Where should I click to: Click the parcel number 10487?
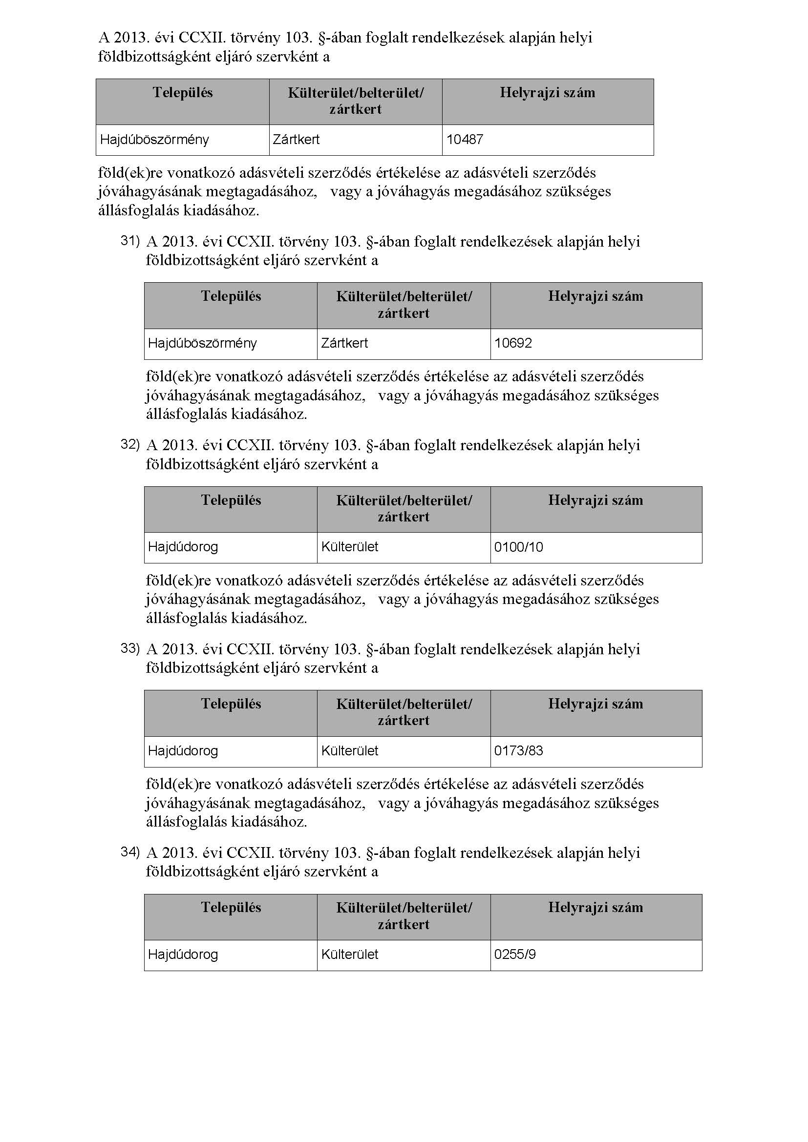tap(465, 139)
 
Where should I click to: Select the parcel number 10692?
tap(513, 343)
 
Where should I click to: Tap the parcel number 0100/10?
tap(518, 547)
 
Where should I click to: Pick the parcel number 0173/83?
tap(518, 750)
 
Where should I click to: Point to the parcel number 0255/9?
tap(515, 955)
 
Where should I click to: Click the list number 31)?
tap(130, 241)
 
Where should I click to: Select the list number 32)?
tap(130, 445)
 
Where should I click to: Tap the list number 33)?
tap(130, 648)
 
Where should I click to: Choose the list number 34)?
tap(130, 852)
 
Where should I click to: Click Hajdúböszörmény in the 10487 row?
tap(154, 139)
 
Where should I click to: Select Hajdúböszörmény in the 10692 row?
tap(203, 343)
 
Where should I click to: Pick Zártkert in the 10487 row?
tap(296, 139)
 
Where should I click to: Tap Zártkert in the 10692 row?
tap(344, 343)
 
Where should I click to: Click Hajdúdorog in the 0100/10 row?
tap(183, 547)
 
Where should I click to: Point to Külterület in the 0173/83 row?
tap(349, 750)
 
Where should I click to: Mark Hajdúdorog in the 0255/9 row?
tap(183, 955)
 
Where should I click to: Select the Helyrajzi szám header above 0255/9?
tap(595, 908)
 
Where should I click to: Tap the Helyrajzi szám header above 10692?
tap(595, 296)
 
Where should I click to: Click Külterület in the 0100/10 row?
tap(349, 547)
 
